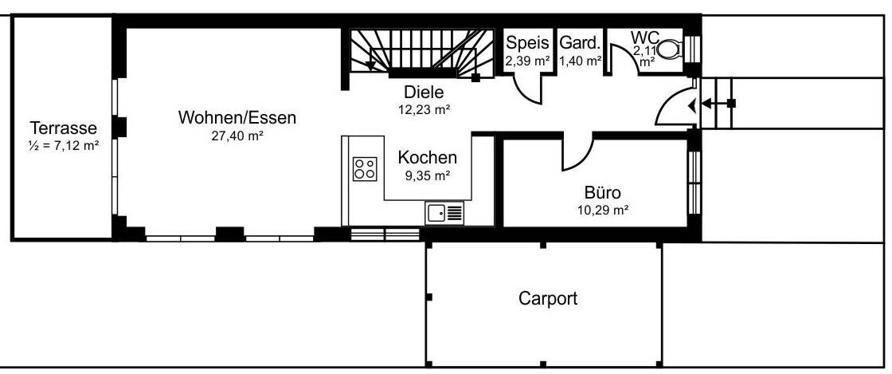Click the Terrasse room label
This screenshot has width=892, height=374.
point(63,128)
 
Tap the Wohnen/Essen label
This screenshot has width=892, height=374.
point(237,118)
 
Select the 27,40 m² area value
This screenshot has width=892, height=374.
point(237,136)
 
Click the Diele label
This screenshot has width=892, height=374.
point(423,92)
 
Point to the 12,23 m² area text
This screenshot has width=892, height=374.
point(423,110)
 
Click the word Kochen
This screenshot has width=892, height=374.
point(428,157)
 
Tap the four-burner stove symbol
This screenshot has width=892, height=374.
point(365,167)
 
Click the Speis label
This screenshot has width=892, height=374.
point(528,43)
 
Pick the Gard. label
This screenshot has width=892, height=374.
point(579,43)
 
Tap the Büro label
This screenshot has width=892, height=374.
point(602,192)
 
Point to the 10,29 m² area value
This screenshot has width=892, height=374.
point(602,211)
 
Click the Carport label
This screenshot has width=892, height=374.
point(548,299)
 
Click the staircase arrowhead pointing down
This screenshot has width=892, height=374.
point(370,65)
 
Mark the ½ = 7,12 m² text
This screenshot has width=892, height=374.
point(63,145)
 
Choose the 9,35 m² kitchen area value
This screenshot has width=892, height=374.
point(428,175)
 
